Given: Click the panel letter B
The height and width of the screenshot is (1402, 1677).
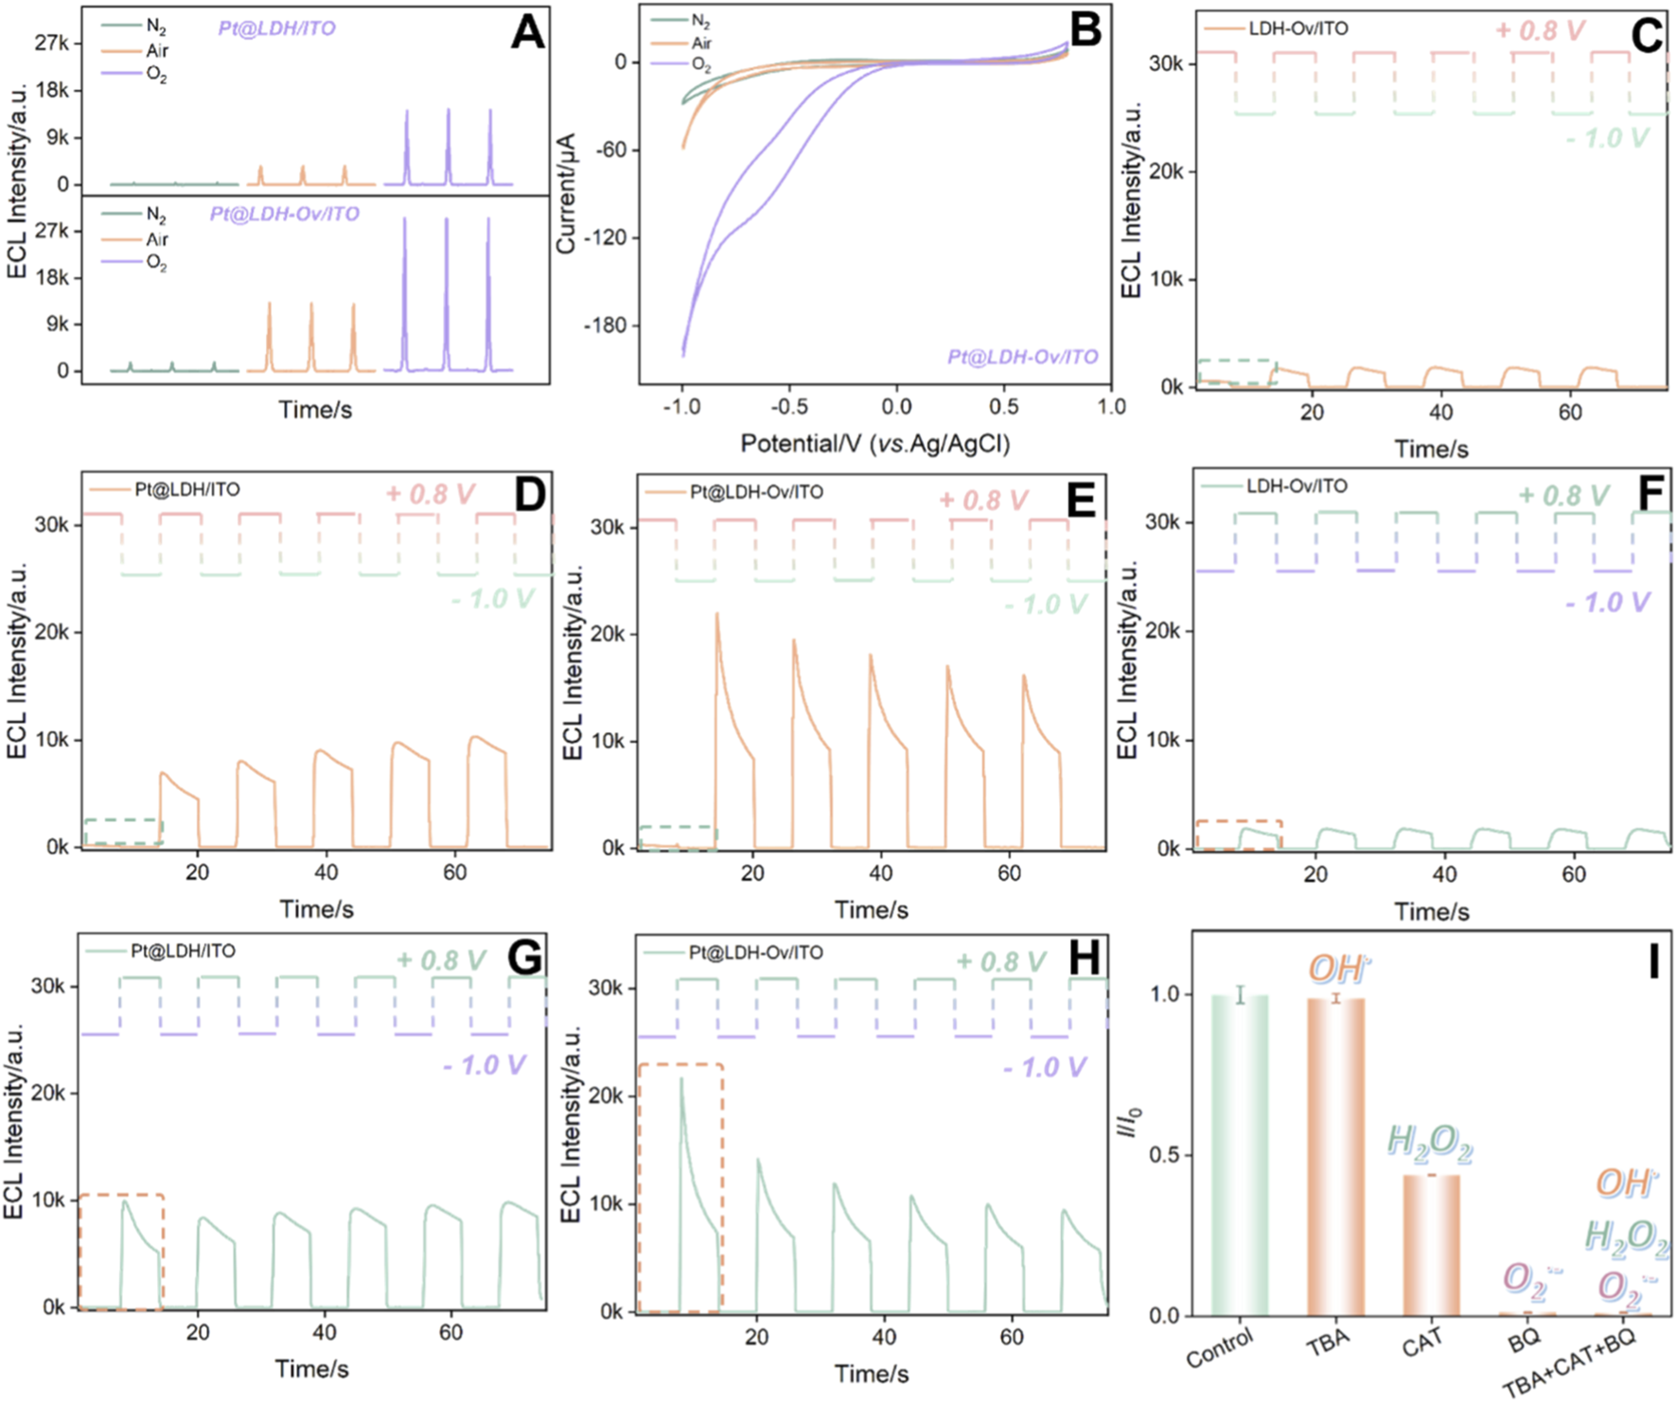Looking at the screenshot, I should [x=1085, y=30].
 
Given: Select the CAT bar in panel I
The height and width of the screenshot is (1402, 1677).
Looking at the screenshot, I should [x=1431, y=1244].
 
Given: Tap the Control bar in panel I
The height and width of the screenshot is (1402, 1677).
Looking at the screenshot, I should [x=1240, y=1154].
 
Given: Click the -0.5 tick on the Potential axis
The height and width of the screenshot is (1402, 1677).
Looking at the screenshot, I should [x=788, y=407].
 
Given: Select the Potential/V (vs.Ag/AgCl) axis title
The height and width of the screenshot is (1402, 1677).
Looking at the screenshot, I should [x=874, y=443].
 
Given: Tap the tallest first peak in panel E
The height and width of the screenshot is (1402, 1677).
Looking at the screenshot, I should [x=717, y=616].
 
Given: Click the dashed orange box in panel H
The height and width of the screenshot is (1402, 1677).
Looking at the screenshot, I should [x=680, y=1187].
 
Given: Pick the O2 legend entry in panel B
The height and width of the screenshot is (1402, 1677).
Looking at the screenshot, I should [x=700, y=64].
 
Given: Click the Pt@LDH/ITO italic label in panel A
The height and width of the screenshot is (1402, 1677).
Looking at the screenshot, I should [x=276, y=28].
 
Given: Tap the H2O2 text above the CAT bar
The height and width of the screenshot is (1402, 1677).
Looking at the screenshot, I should [x=1429, y=1143].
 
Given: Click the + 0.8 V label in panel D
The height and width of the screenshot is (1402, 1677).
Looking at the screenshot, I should [x=429, y=494].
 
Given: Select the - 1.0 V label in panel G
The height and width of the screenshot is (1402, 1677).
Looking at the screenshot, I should [x=484, y=1065].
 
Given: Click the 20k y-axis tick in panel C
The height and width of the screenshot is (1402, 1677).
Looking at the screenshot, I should [x=1165, y=171].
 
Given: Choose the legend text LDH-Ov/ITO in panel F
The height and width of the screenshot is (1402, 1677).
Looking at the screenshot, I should [x=1296, y=486].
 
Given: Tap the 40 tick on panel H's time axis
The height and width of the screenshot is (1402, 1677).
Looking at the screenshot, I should [x=884, y=1337].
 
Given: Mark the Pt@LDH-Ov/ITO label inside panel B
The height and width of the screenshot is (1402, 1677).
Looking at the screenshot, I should [x=1022, y=357].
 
